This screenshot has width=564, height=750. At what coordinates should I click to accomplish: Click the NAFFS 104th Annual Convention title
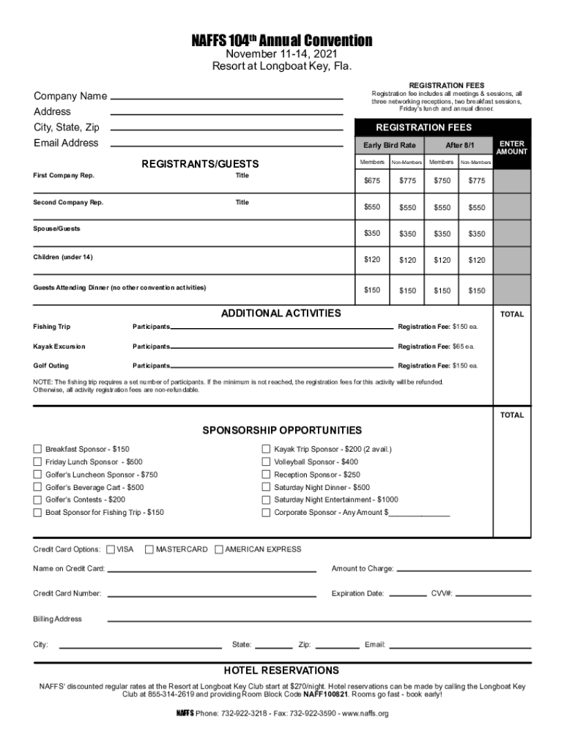(282, 41)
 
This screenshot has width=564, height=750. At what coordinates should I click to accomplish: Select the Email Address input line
(226, 144)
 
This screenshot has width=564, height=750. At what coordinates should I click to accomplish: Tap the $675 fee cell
(372, 181)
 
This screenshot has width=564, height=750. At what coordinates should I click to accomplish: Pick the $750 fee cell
(442, 181)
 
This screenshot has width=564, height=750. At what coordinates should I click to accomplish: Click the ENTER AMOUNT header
(512, 147)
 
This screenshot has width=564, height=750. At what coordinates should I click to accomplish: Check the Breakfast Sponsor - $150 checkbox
(37, 449)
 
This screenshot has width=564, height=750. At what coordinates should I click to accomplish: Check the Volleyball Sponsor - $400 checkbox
(266, 462)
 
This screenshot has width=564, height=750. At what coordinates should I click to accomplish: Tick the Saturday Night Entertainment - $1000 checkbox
(266, 500)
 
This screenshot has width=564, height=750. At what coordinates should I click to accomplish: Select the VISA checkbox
(111, 549)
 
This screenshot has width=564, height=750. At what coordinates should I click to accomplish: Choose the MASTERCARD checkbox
(149, 549)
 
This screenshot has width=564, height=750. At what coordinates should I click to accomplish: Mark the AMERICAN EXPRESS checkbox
(218, 549)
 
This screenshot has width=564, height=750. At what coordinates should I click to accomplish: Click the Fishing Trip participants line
(281, 327)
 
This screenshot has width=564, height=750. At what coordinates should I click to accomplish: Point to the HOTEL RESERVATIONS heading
(281, 670)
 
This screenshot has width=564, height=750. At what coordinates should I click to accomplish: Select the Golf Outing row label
(51, 365)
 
